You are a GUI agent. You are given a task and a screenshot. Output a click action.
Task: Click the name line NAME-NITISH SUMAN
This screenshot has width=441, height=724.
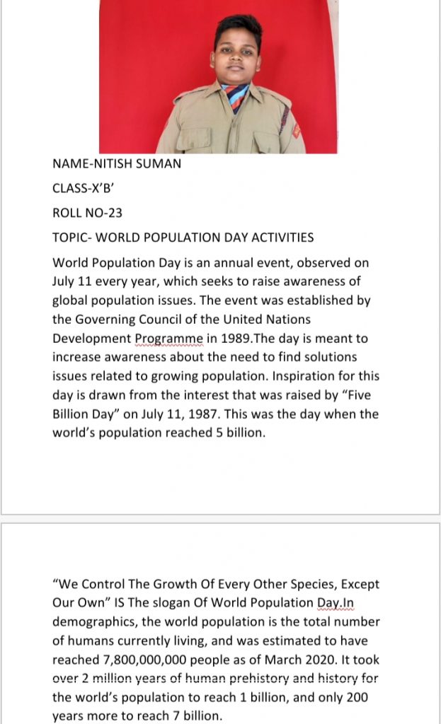(x=116, y=164)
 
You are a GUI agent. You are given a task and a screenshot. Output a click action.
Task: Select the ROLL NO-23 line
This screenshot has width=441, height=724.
(x=82, y=213)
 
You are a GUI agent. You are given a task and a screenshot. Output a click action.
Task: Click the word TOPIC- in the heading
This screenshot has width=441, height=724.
(x=70, y=238)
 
